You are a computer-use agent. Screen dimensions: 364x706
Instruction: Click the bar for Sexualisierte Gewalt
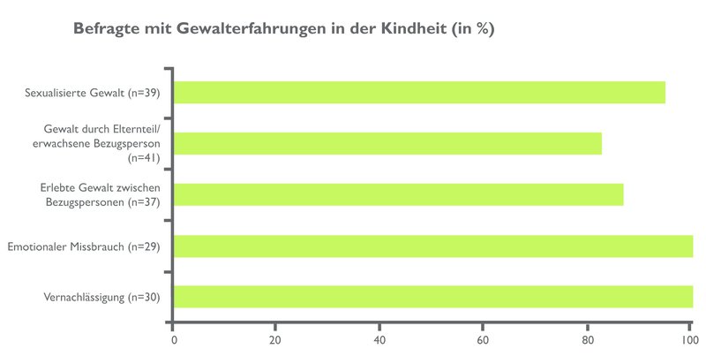coord(419,93)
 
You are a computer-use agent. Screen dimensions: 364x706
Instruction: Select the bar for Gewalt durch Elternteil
coord(387,143)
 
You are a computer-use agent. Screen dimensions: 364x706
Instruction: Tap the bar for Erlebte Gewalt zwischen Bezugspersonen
coord(398,194)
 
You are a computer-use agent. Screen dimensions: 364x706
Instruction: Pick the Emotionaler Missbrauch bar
coord(432,246)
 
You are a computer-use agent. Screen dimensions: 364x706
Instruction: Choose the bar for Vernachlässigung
coord(432,297)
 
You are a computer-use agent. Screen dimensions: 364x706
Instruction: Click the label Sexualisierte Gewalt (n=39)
coord(94,93)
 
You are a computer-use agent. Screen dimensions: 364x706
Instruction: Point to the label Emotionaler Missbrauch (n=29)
coord(83,246)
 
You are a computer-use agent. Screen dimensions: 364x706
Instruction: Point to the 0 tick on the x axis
coord(174,338)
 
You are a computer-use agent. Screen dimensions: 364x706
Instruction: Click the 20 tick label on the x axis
coord(276,338)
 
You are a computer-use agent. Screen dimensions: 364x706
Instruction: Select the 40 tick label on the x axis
coord(379,338)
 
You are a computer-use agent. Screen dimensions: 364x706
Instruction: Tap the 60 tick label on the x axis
coord(483,338)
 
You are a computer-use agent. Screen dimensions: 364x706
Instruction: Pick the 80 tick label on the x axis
coord(586,338)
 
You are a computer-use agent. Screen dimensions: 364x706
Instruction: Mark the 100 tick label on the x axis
coord(687,338)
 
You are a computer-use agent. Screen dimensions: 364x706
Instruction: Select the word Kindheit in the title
coord(413,29)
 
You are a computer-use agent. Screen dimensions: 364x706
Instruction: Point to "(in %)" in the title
coord(474,29)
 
